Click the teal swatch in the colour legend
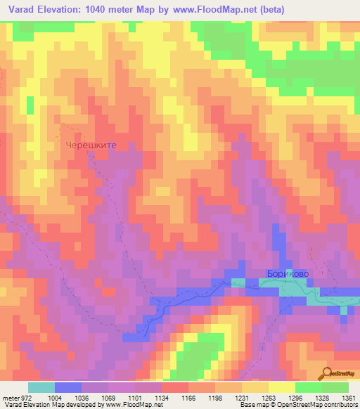coord(41,387)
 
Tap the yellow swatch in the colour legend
coord(282,387)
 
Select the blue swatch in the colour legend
coord(68,387)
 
